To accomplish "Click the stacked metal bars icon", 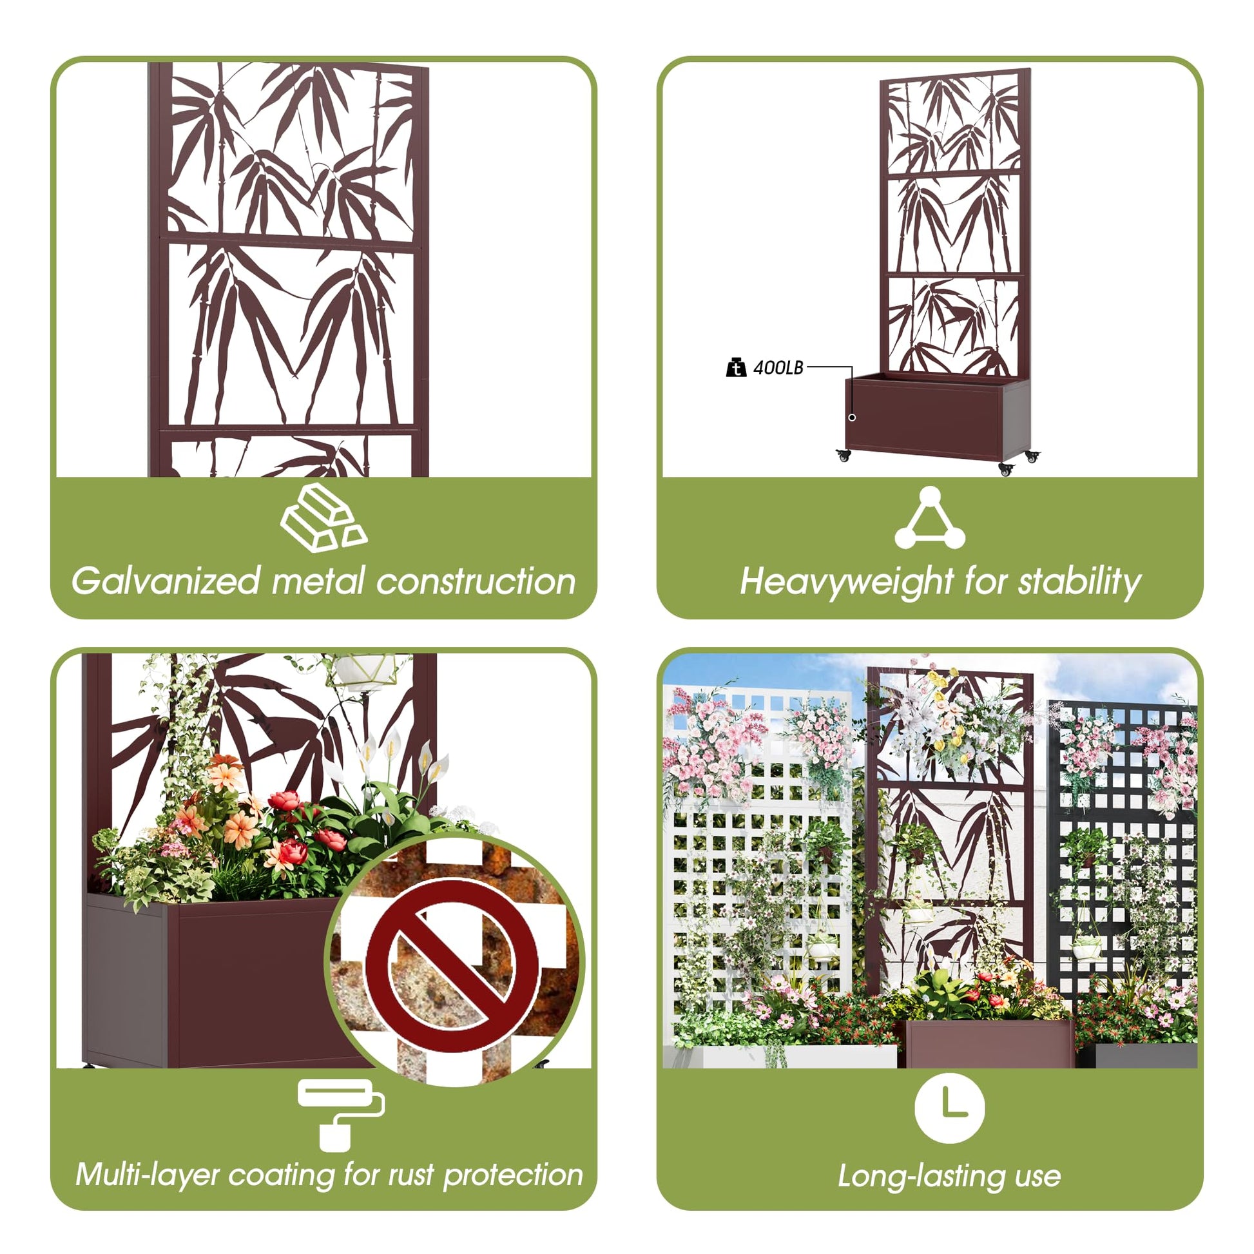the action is (x=324, y=518).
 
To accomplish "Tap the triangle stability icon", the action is (x=929, y=518).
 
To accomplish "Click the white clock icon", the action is (x=949, y=1108).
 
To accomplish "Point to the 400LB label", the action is (x=778, y=368).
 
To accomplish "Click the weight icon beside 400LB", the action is (x=736, y=367).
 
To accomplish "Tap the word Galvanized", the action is (x=166, y=581).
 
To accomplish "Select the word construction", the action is (x=476, y=581).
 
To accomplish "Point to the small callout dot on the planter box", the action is (x=853, y=418).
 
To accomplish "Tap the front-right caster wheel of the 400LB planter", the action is (x=1007, y=469).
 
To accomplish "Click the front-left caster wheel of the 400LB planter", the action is (x=843, y=455).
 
